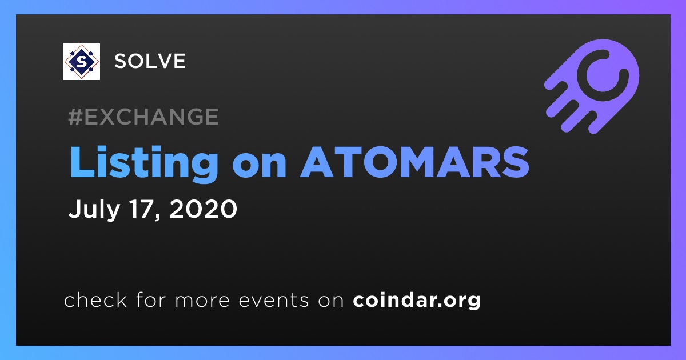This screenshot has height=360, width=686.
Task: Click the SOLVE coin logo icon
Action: (x=81, y=62)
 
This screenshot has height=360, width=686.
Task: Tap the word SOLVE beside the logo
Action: (x=150, y=61)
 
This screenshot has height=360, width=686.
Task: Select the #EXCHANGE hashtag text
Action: (x=143, y=117)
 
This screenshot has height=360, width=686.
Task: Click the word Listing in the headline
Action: (x=144, y=162)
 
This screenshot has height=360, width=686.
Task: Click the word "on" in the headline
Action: (x=259, y=166)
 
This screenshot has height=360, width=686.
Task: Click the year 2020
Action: (x=203, y=208)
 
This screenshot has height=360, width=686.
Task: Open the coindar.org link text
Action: (x=417, y=301)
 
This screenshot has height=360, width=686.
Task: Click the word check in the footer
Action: (x=95, y=299)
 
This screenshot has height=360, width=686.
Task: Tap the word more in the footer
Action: (x=202, y=302)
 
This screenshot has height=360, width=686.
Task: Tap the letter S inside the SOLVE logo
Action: (x=81, y=62)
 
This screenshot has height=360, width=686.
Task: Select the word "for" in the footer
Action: (x=151, y=299)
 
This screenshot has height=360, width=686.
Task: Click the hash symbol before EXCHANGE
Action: (x=75, y=117)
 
